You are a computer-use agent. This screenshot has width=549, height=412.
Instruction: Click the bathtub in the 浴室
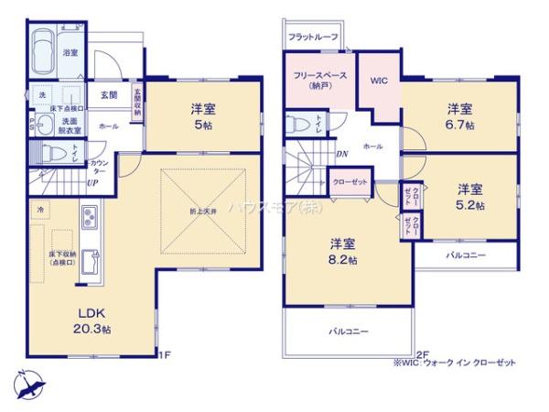(x=42, y=53)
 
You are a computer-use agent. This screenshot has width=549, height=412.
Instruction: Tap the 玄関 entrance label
(x=108, y=94)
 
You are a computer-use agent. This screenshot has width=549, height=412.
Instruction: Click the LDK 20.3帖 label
(x=92, y=320)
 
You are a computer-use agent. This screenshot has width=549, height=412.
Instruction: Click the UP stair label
(x=92, y=182)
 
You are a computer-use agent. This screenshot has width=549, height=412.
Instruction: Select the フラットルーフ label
(x=312, y=37)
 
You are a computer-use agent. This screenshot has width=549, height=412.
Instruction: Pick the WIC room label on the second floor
(x=379, y=81)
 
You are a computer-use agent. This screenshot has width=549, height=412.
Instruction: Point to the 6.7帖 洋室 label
(x=459, y=116)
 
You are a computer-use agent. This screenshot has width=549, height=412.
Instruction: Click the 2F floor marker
(x=422, y=353)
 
